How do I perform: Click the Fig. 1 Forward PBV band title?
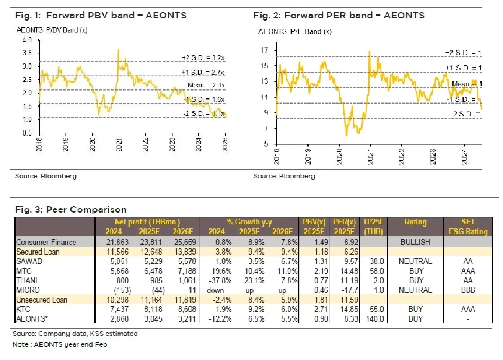(101, 16)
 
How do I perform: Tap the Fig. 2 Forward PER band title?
(339, 16)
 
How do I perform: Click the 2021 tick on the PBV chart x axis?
(119, 141)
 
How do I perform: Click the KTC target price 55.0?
(373, 309)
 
